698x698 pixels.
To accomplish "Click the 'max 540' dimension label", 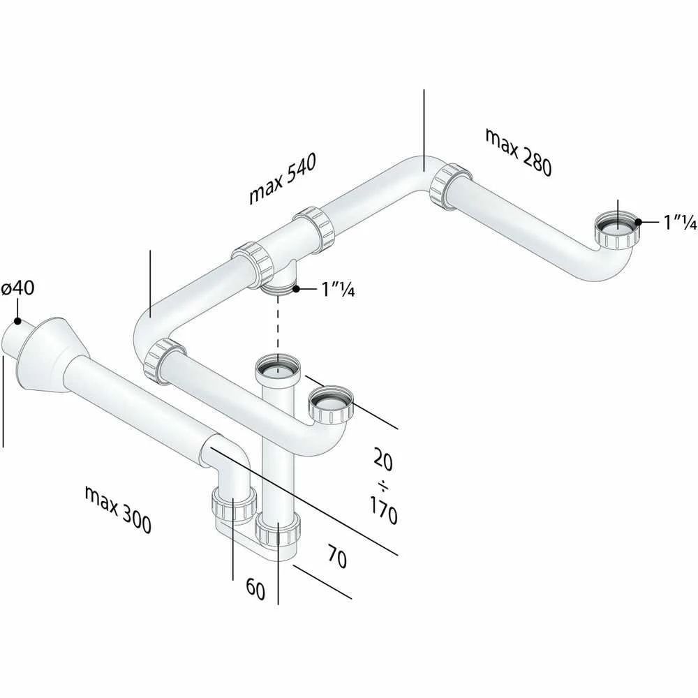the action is click(283, 179).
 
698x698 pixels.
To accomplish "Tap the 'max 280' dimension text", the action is click(519, 152).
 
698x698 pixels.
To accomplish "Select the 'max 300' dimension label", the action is click(118, 510).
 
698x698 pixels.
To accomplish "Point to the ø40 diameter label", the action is click(18, 288).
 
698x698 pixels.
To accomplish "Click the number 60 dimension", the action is click(255, 589).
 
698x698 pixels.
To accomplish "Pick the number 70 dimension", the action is click(337, 556).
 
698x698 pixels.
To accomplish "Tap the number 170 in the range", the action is click(383, 511).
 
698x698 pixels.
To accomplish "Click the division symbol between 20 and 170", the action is click(384, 487).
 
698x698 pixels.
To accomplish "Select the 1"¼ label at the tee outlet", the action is click(339, 290).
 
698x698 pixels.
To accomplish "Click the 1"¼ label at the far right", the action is click(680, 222).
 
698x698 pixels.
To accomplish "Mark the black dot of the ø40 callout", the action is click(17, 320).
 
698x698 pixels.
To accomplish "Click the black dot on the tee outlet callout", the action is click(295, 290).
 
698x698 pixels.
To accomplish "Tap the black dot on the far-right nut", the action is click(639, 222).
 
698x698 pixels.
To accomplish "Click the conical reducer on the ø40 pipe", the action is click(43, 356).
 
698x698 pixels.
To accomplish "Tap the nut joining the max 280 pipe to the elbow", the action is click(450, 185).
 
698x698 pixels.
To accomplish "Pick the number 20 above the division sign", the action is click(383, 459).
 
